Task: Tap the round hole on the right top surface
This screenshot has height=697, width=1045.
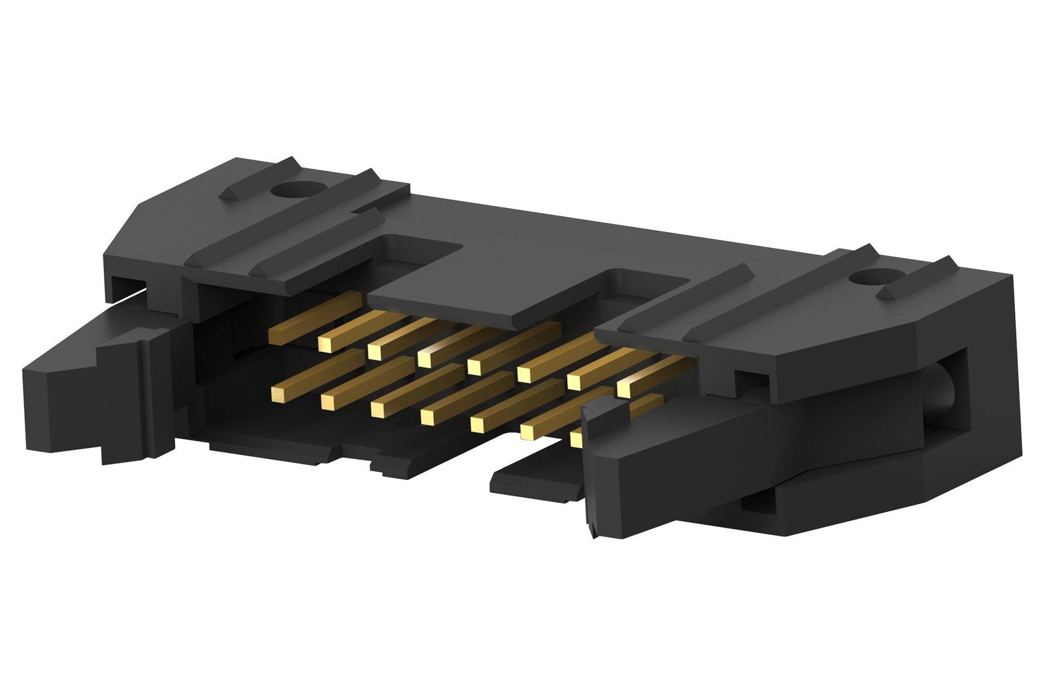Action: pyautogui.click(x=864, y=279)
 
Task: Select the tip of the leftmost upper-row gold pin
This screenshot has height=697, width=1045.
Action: pyautogui.click(x=277, y=335)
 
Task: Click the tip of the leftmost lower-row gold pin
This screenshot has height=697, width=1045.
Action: pyautogui.click(x=278, y=392)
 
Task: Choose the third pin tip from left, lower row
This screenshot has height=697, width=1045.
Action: pyautogui.click(x=378, y=409)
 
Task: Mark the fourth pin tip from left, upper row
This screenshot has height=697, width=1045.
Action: pyautogui.click(x=425, y=358)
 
